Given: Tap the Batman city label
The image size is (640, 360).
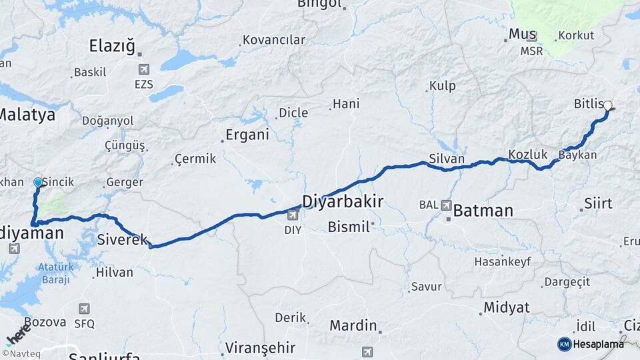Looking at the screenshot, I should point(483,211).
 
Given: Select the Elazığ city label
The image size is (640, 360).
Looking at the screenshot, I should point(112,46).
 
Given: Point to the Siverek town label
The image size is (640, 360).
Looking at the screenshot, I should point(122,239).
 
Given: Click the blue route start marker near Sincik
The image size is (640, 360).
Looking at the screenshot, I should point(38,182).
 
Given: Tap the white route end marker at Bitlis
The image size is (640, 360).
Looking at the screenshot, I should point(607,105).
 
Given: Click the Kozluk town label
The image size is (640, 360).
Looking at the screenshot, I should point(527,155).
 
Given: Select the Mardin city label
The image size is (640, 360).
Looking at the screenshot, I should point(353,326).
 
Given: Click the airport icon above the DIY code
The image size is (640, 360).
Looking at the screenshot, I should point(293,215).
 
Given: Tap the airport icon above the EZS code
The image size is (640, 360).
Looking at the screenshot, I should point(143,69).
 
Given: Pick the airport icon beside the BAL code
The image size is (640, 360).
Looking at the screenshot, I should point(445,205).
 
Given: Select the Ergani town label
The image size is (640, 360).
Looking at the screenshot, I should point(247,135).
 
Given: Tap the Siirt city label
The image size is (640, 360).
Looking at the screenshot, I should point(597,203).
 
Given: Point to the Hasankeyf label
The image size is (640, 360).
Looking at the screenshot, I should point(502,262).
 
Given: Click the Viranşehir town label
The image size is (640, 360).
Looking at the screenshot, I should point(259,348).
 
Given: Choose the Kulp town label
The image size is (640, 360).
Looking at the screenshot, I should point(442,86).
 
